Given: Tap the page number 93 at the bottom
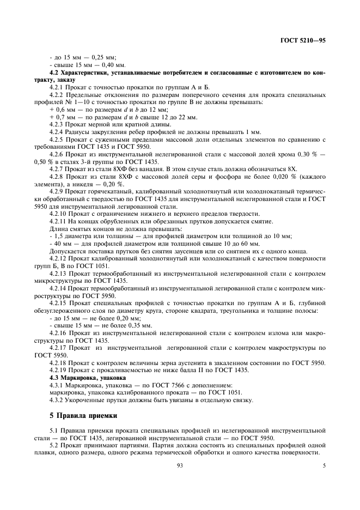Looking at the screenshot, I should tap(179, 465).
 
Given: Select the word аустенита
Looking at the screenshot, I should tap(203, 362).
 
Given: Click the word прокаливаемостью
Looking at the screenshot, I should tap(116, 370).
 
